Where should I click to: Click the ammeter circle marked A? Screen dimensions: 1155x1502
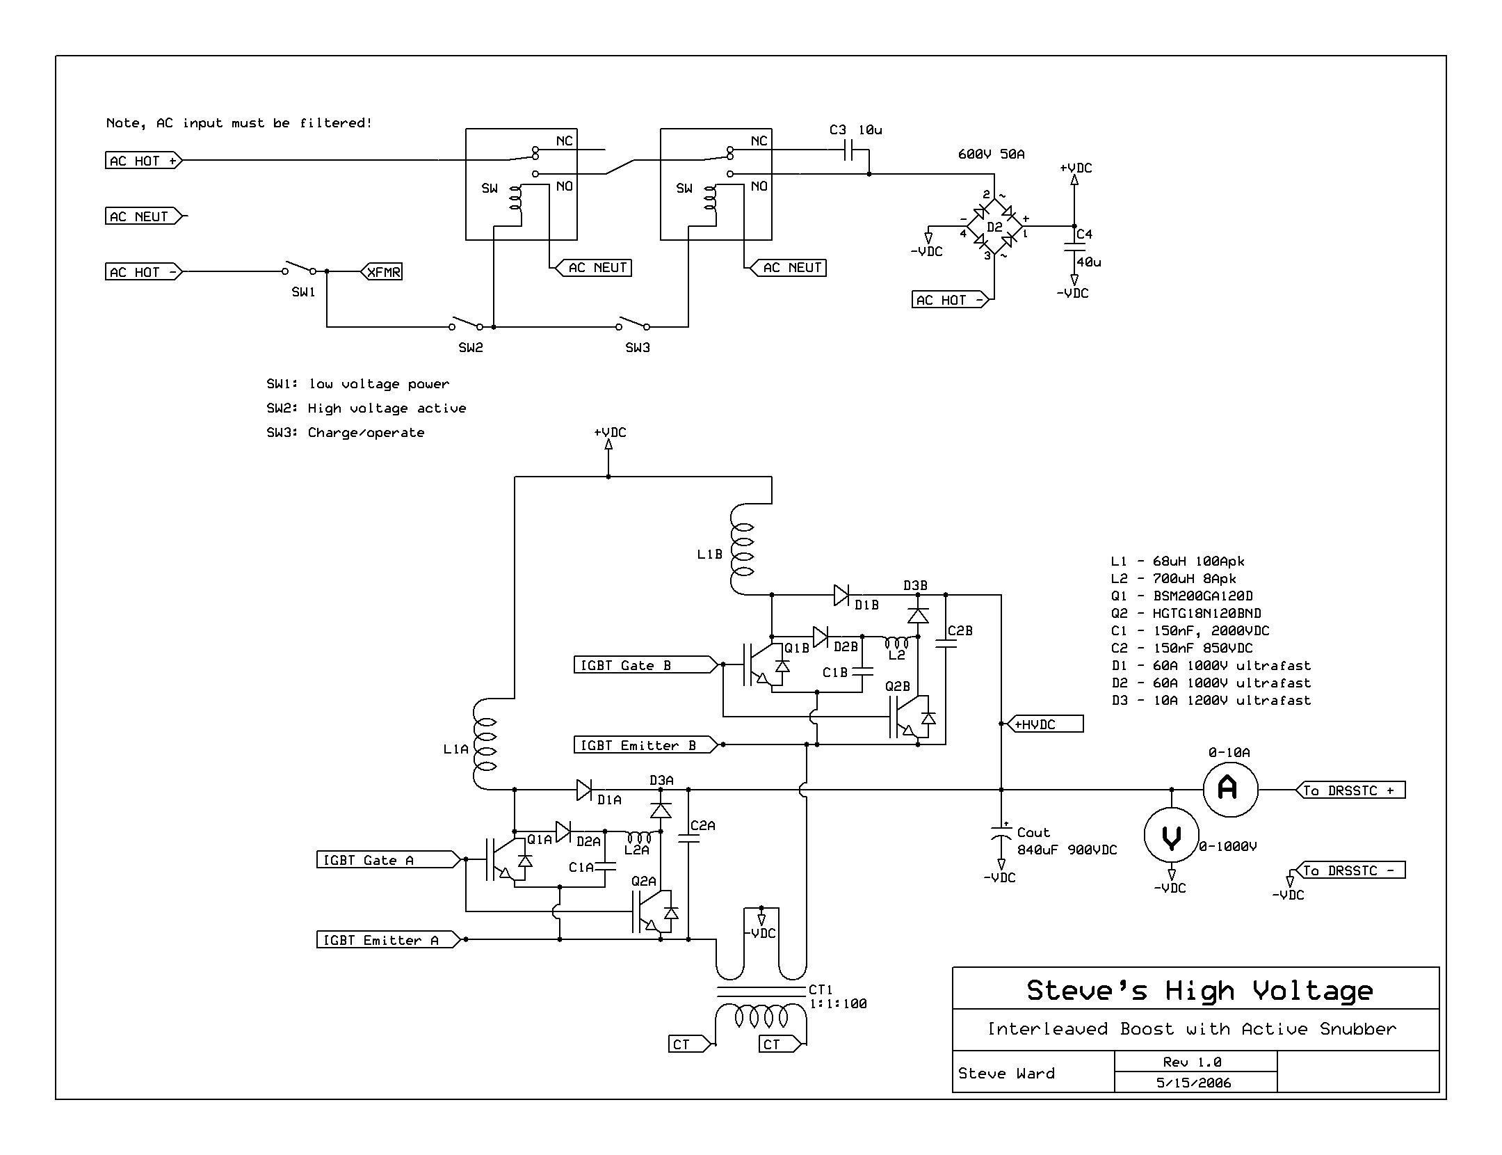(x=1230, y=789)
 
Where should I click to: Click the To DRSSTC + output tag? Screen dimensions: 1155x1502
(x=1350, y=790)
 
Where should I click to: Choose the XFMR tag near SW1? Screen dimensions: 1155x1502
(x=382, y=272)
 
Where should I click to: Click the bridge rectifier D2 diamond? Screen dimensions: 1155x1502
(x=994, y=226)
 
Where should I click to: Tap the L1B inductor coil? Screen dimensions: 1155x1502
(x=742, y=550)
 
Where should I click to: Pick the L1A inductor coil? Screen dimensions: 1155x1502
(x=485, y=744)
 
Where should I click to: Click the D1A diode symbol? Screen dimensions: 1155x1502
(x=585, y=790)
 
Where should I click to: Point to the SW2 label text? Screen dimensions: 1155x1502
(x=471, y=348)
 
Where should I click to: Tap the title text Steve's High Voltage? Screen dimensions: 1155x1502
(x=1200, y=990)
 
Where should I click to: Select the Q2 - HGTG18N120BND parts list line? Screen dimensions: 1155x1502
(x=1186, y=614)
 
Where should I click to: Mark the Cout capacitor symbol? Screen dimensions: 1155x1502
(x=1001, y=832)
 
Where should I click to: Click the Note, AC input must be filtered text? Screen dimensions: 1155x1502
(x=239, y=123)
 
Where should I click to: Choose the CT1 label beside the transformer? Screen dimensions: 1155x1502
(x=821, y=989)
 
